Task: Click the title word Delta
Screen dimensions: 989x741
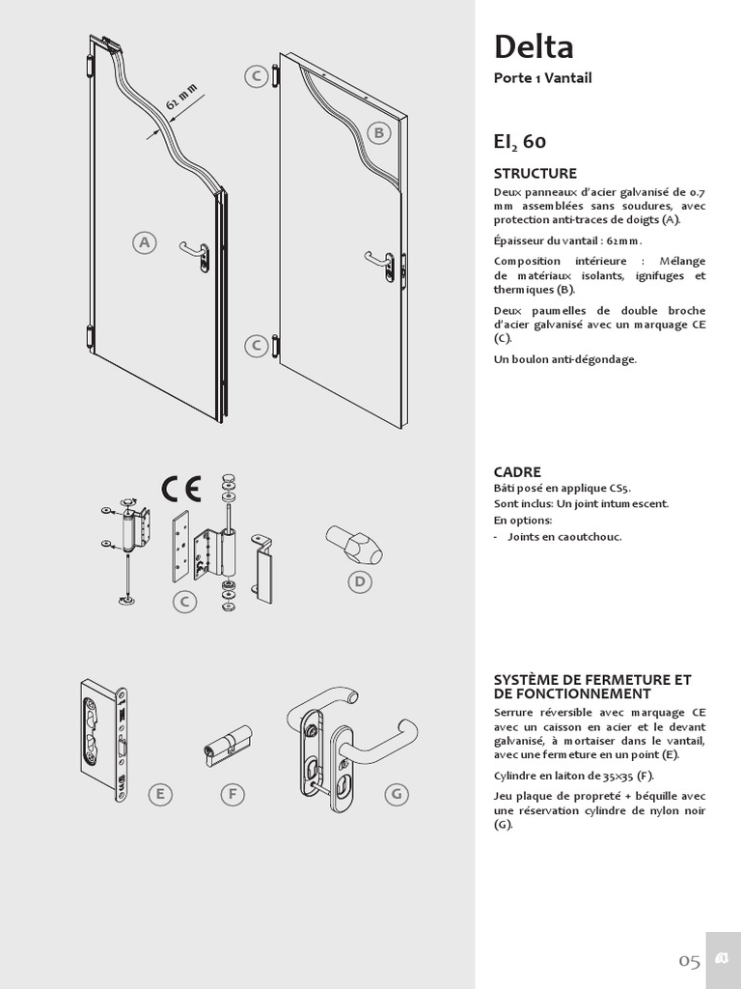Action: (x=534, y=46)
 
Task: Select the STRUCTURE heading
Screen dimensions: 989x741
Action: (x=535, y=174)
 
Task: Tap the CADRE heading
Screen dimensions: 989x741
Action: (x=517, y=472)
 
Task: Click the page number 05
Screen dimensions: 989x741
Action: (x=689, y=960)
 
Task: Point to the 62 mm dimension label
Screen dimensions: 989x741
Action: (x=181, y=97)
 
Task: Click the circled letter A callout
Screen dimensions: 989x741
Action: (x=145, y=242)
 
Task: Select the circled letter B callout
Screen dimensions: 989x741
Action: (x=378, y=133)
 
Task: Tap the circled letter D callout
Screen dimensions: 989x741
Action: (x=360, y=581)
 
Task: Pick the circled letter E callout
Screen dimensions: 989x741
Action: (x=160, y=794)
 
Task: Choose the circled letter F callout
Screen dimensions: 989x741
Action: (x=232, y=794)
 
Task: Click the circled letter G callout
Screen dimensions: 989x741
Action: (x=396, y=794)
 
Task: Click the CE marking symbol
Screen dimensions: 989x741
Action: (x=180, y=490)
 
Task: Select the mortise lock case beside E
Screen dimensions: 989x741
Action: (x=102, y=742)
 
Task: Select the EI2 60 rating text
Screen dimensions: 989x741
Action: (x=519, y=142)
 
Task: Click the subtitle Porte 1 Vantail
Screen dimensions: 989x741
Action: (x=542, y=78)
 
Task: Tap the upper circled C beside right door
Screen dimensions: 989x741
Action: (x=256, y=77)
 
